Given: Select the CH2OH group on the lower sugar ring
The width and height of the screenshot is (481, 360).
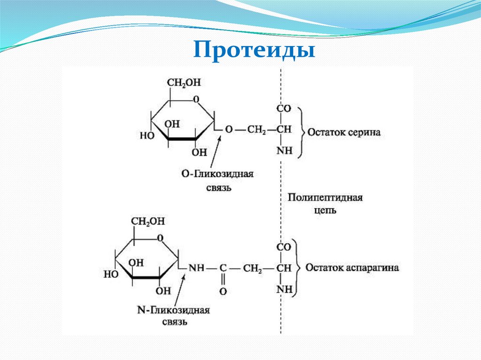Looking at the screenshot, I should (147, 221).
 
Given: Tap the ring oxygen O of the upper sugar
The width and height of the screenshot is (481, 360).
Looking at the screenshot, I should (196, 100).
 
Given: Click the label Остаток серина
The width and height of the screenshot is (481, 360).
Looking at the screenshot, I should (344, 132).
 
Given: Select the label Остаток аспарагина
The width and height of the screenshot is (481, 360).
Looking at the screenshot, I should (352, 268).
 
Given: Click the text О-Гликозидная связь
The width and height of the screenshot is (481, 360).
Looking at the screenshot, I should (217, 180).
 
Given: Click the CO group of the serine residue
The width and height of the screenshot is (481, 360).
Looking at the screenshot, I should (284, 109).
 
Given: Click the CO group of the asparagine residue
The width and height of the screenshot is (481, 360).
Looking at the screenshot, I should (284, 246).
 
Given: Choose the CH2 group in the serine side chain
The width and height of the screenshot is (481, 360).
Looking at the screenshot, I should (256, 130).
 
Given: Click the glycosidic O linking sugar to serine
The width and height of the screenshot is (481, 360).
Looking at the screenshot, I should (228, 129).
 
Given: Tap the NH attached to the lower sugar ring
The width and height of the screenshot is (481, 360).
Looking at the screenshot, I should (196, 268).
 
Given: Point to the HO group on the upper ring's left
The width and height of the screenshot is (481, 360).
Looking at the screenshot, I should (147, 136).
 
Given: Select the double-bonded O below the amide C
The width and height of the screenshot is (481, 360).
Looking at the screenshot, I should (223, 291).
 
